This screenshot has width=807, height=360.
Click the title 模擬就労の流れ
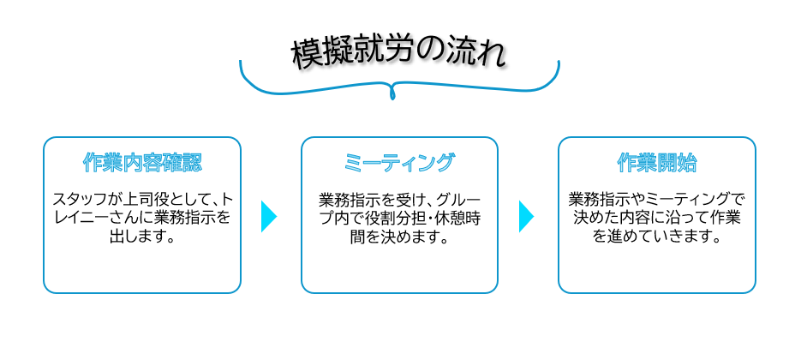(x=398, y=53)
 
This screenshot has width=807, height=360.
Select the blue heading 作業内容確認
(x=142, y=163)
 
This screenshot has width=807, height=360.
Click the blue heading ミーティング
(x=399, y=163)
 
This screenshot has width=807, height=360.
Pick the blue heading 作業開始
(x=657, y=163)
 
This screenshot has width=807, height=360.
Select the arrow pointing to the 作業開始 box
(x=525, y=216)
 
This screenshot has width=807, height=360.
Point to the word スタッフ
(x=79, y=200)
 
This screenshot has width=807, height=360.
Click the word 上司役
(x=146, y=200)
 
